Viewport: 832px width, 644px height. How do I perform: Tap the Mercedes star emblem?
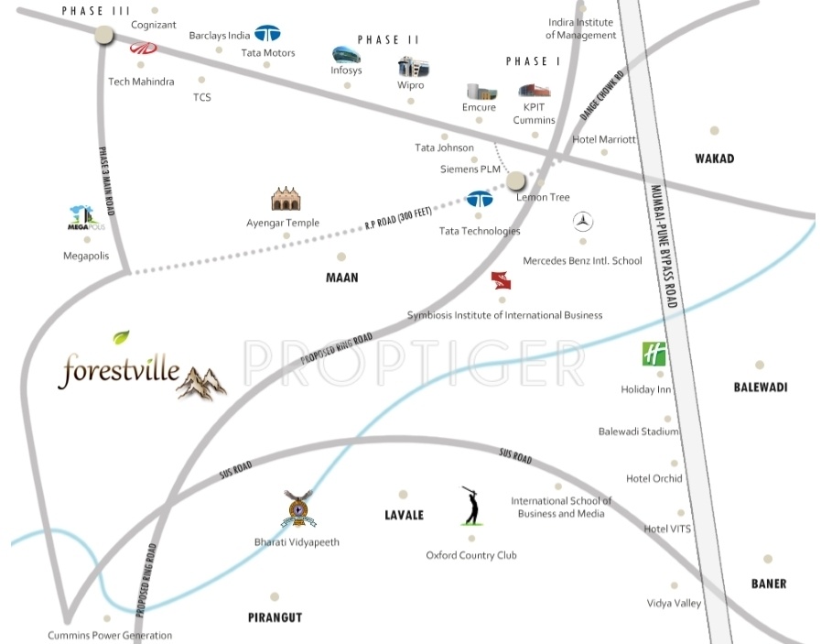pyautogui.click(x=583, y=221)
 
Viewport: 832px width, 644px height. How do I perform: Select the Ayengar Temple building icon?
pyautogui.click(x=286, y=199)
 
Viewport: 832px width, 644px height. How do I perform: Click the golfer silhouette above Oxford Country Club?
pyautogui.click(x=470, y=506)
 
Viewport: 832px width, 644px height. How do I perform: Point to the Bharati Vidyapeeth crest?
pyautogui.click(x=297, y=509)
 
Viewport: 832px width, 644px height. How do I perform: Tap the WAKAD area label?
pyautogui.click(x=714, y=158)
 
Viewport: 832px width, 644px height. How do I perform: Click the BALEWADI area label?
pyautogui.click(x=761, y=387)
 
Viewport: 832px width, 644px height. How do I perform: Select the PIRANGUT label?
pyautogui.click(x=275, y=617)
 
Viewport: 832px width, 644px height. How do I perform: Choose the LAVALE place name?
pyautogui.click(x=404, y=515)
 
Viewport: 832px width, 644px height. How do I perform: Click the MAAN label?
pyautogui.click(x=341, y=277)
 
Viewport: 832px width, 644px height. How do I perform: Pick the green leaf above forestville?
pyautogui.click(x=121, y=337)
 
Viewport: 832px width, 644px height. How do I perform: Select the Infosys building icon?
pyautogui.click(x=346, y=54)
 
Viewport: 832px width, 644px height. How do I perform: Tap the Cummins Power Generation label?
pyautogui.click(x=110, y=635)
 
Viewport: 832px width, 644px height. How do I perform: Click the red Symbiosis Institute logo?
pyautogui.click(x=500, y=280)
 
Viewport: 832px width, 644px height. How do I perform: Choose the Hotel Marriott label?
pyautogui.click(x=603, y=139)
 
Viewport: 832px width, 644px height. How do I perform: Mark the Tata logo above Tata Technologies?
pyautogui.click(x=479, y=199)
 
